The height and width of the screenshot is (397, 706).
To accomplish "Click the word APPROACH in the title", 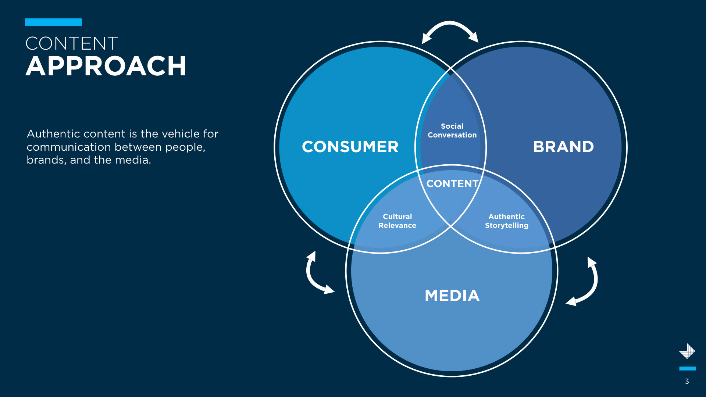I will [x=106, y=67].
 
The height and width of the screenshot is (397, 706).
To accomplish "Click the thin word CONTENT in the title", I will [x=72, y=43].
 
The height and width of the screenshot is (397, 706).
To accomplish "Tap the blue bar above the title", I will [x=53, y=22].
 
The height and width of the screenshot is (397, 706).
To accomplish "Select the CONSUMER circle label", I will [x=350, y=147].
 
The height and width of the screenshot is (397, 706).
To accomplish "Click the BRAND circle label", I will [x=563, y=147].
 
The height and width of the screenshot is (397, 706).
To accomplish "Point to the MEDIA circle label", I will [x=452, y=296].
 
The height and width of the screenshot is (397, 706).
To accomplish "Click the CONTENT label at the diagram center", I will [x=452, y=183].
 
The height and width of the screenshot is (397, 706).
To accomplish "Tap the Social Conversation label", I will [x=452, y=130].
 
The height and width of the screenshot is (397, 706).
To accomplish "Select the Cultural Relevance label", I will [x=397, y=221].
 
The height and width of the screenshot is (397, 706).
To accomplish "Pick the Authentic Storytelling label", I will [x=506, y=221].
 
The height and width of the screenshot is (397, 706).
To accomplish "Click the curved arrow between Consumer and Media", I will [x=314, y=276].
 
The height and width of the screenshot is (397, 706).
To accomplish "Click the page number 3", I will [x=687, y=381].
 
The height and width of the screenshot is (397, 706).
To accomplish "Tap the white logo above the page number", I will [x=687, y=351].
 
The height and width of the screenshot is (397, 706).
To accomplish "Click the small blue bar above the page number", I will [x=687, y=368].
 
